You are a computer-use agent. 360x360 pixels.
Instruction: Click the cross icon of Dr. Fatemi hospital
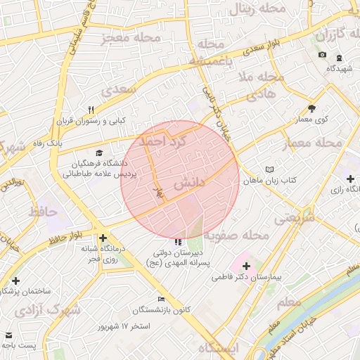pos(246,266)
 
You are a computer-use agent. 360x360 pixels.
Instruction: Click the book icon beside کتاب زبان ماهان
pos(271,170)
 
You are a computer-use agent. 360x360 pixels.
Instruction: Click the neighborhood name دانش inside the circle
pos(188,181)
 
